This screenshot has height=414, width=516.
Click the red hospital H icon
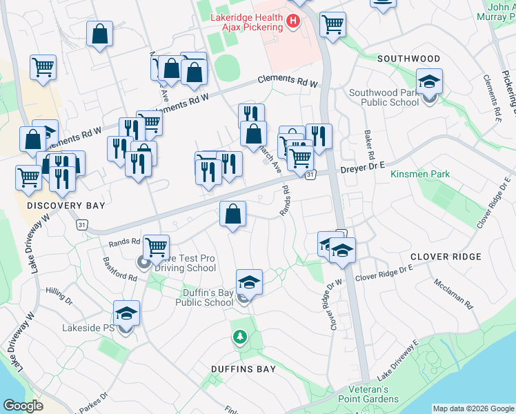coord(293,21)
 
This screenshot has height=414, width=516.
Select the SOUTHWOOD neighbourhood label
coord(408,59)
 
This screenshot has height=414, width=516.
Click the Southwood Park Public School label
coord(384,97)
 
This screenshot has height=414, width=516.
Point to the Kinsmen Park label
coord(420,175)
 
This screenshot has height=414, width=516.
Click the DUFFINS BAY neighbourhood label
coord(244,369)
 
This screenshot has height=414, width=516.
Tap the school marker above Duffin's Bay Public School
coord(249,282)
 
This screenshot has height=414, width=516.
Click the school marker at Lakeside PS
coord(126,314)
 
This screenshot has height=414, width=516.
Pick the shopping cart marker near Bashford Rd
coord(157,246)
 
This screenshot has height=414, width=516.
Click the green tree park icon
coord(239,337)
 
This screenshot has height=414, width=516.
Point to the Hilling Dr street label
coord(59,297)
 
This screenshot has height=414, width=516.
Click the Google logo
coord(23,406)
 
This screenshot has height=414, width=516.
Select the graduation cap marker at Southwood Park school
coord(428,83)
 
